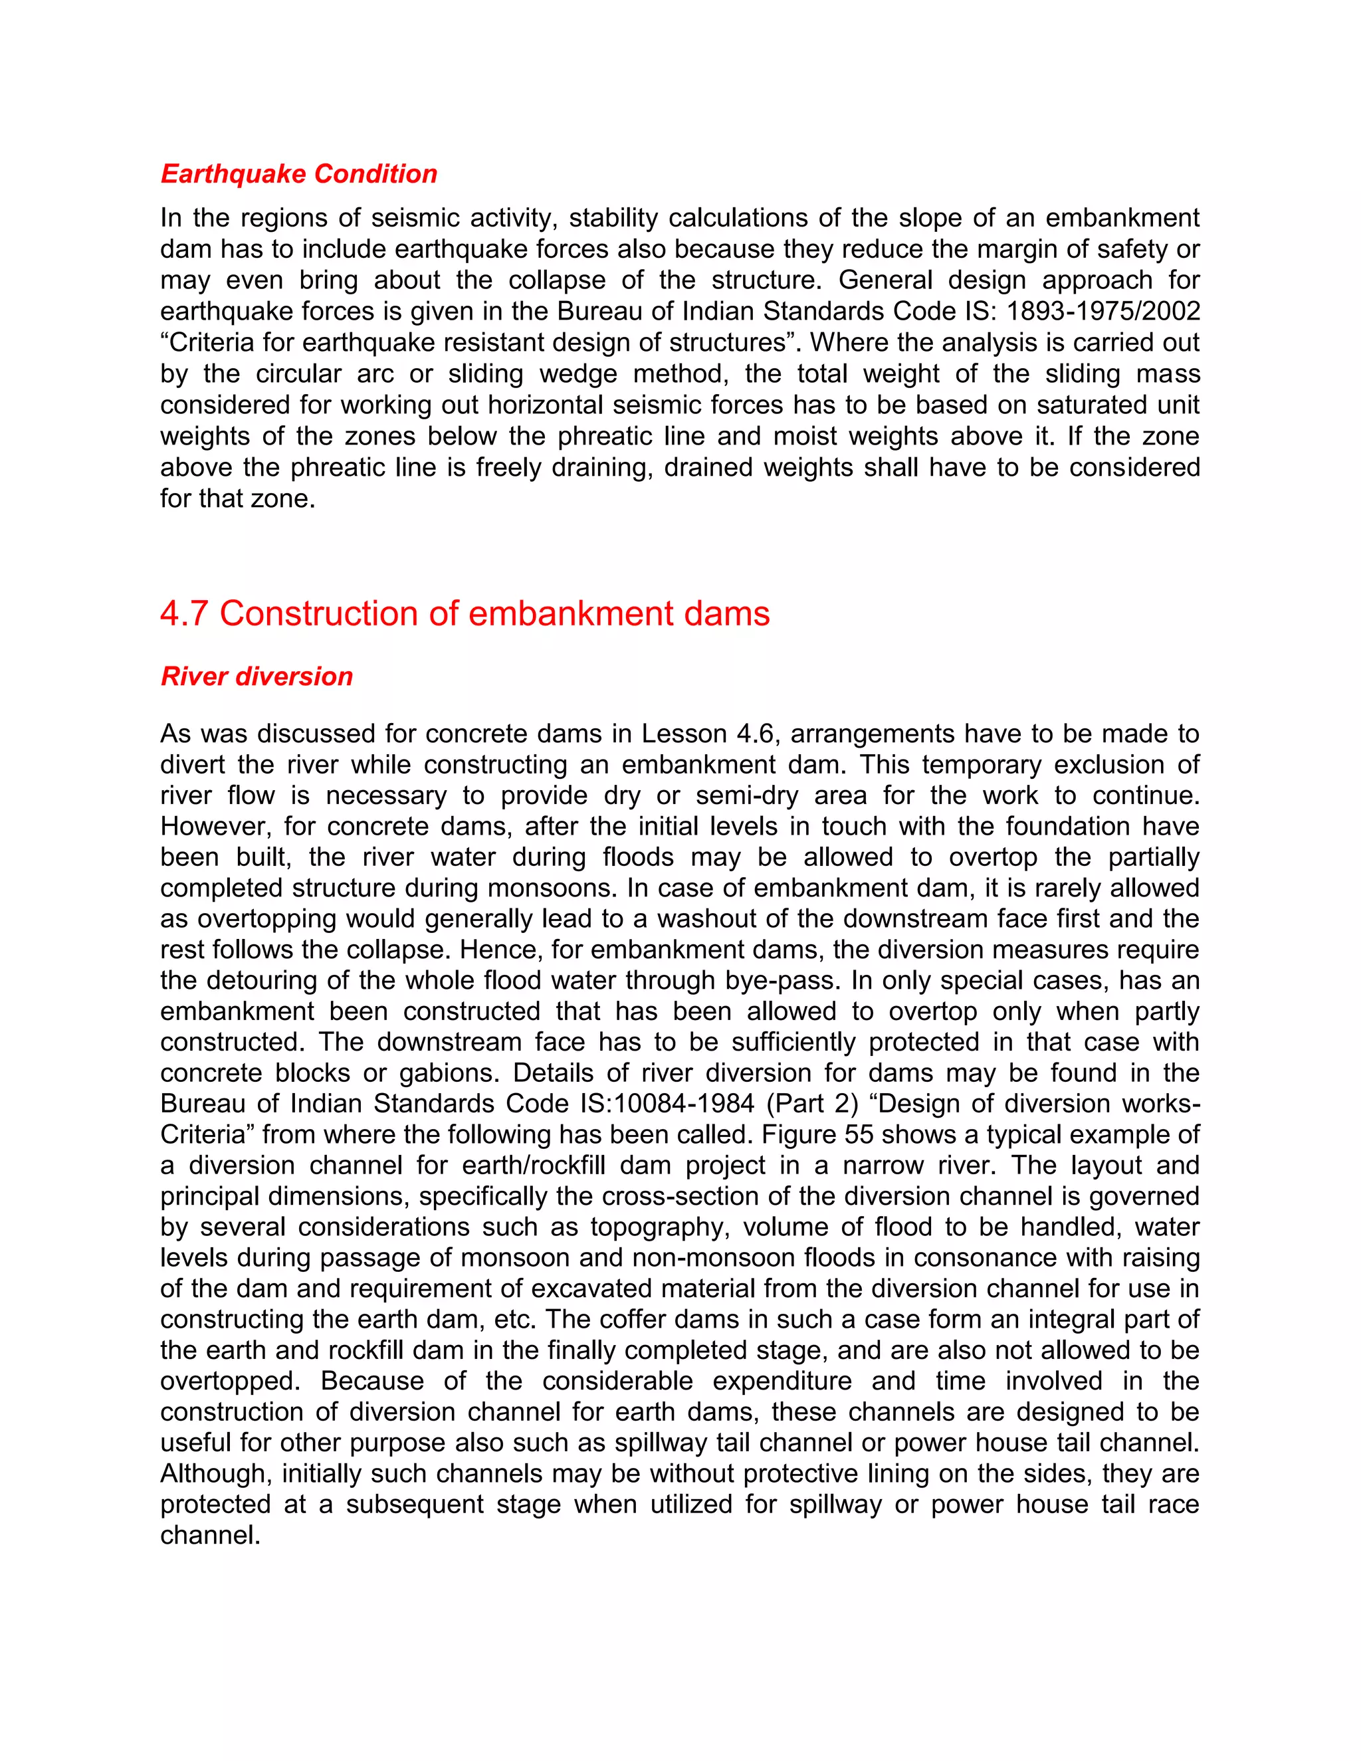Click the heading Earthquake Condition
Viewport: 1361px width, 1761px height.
[x=298, y=173]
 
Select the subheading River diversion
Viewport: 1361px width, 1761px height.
[x=257, y=676]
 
